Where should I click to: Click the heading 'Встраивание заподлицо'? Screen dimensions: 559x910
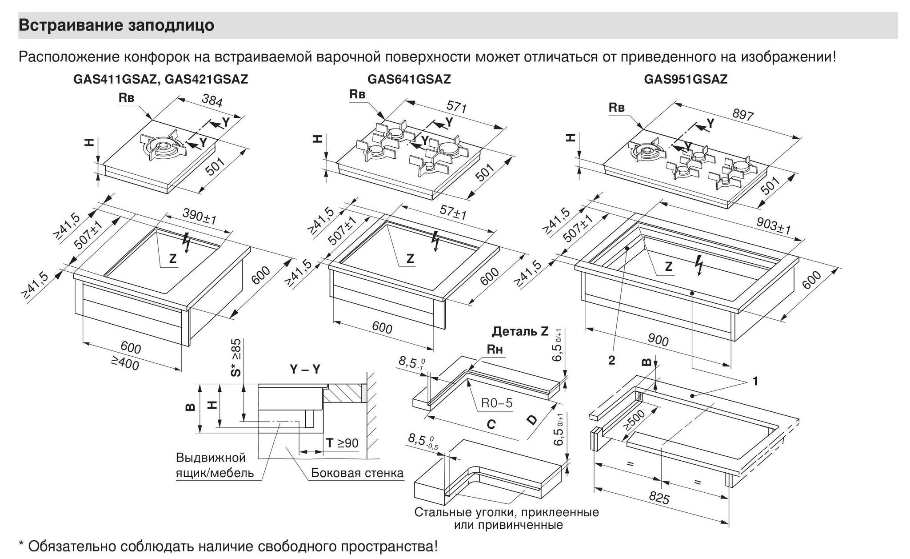116,25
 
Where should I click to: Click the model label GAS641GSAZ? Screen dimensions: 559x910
409,79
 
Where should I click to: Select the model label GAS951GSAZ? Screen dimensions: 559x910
686,79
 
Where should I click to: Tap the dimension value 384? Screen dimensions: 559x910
212,101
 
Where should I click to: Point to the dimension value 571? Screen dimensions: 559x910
456,107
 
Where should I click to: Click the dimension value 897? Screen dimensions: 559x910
742,114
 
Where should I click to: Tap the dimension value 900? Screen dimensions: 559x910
658,340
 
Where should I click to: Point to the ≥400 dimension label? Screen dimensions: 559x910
125,364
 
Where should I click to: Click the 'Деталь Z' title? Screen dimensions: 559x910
520,331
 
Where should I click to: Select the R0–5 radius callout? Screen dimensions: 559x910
497,403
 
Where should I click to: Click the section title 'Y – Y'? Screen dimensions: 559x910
305,369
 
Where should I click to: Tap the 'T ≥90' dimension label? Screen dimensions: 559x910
342,443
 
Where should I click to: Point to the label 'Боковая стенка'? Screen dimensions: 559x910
357,473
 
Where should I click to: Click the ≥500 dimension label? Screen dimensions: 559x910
634,420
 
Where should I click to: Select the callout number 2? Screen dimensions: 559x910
611,360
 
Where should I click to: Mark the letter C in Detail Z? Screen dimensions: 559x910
491,425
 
